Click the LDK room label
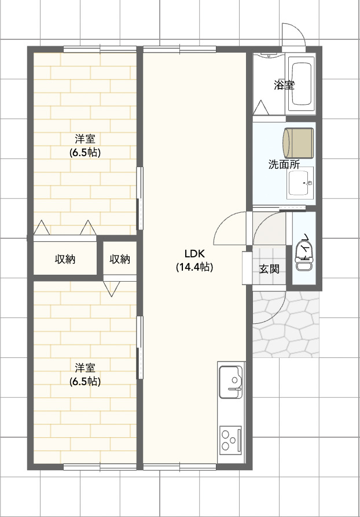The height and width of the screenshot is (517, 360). [x=194, y=253]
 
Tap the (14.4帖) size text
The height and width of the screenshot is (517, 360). [x=194, y=267]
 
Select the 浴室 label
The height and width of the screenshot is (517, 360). [x=284, y=85]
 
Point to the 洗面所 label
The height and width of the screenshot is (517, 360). [x=284, y=164]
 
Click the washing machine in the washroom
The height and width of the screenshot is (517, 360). [x=298, y=143]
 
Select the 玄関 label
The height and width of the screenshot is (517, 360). [x=269, y=268]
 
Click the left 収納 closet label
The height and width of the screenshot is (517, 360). [x=65, y=259]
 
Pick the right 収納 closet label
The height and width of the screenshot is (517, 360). [x=120, y=259]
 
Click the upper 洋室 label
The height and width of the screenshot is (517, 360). [x=85, y=139]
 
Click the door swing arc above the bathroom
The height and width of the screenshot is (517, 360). [x=293, y=35]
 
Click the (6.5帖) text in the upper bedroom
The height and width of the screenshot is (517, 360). [x=85, y=153]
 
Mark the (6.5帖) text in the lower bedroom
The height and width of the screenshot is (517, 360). [x=85, y=382]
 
